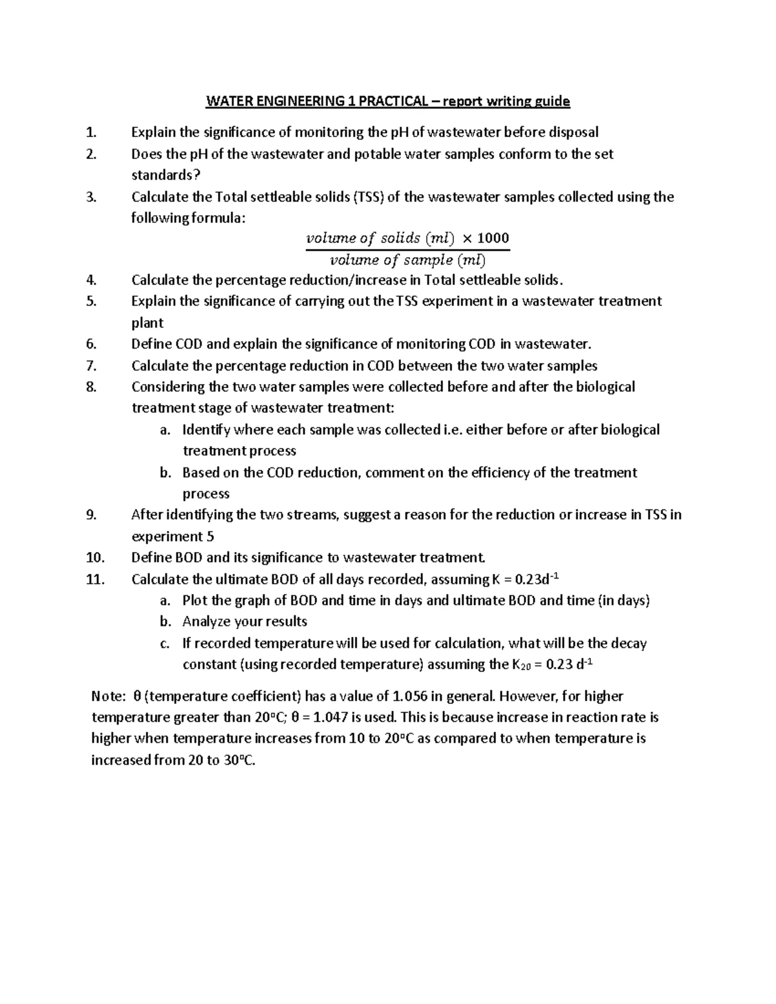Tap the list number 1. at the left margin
[91, 133]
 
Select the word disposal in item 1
[574, 133]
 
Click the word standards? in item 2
[162, 175]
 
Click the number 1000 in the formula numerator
[493, 238]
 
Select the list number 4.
[91, 280]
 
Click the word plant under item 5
[147, 323]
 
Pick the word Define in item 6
[151, 344]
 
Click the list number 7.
[91, 366]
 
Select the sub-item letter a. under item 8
[166, 430]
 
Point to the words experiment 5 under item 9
[173, 537]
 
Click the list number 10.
[94, 557]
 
